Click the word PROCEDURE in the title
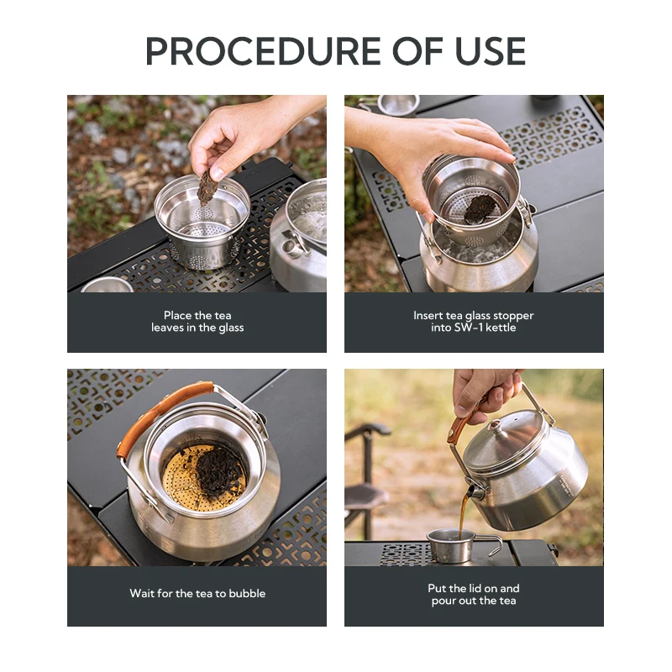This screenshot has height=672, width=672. click(x=263, y=51)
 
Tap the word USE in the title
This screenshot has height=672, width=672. click(x=491, y=51)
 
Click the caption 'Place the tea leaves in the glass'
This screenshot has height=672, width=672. click(x=197, y=322)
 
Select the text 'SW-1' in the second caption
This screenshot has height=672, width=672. click(x=470, y=328)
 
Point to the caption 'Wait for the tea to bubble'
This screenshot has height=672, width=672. click(x=197, y=594)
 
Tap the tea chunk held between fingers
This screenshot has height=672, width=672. click(x=206, y=187)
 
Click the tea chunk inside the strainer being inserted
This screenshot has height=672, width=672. click(x=480, y=209)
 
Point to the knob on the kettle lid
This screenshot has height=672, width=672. click(x=495, y=426)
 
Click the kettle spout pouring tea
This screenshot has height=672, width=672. click(x=475, y=491)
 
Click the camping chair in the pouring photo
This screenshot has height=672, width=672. click(x=368, y=480)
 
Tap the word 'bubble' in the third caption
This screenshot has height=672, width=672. click(x=247, y=594)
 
